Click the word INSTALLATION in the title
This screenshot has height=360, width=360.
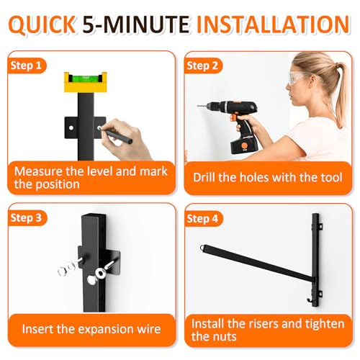(x=273, y=24)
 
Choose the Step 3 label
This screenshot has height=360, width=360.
(x=27, y=217)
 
